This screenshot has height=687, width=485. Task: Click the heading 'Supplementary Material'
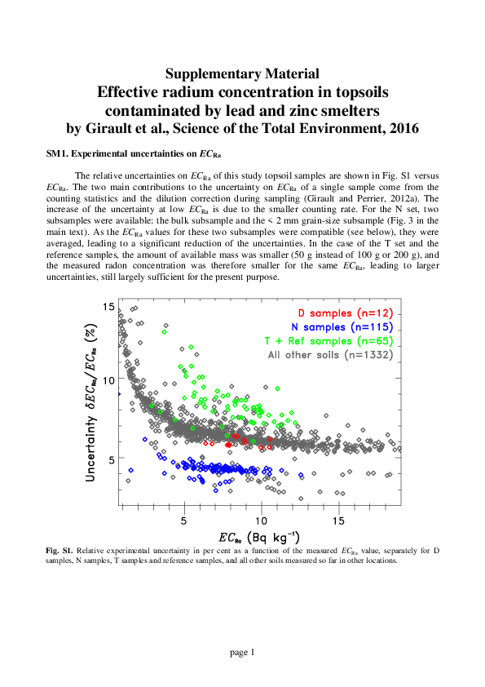[x=242, y=74]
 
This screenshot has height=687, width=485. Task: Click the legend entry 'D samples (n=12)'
[x=346, y=313]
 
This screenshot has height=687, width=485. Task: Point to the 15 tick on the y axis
[x=108, y=307]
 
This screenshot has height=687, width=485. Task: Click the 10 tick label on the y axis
[x=108, y=382]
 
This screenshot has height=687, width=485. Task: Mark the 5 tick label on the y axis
[x=111, y=459]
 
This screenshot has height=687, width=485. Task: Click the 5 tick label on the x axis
[x=184, y=519]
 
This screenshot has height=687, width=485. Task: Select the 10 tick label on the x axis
[x=262, y=519]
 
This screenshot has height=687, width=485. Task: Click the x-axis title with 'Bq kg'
[x=258, y=537]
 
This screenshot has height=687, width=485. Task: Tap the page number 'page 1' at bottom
[x=242, y=651]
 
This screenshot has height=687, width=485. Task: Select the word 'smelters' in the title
[x=355, y=110]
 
